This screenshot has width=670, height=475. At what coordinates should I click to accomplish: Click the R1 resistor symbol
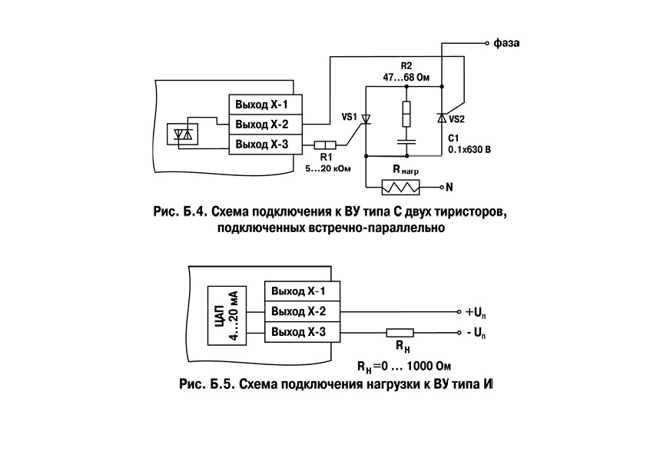325,145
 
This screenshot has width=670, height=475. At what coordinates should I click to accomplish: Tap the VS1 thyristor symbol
366,119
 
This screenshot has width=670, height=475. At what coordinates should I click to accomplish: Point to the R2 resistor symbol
406,114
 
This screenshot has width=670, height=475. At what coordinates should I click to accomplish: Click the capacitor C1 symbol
406,142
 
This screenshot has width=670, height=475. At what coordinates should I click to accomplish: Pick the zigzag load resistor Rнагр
400,188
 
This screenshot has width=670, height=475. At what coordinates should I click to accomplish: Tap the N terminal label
449,188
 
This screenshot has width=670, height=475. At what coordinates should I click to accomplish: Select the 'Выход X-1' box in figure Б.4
265,105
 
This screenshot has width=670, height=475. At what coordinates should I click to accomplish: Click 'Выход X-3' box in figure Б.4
265,144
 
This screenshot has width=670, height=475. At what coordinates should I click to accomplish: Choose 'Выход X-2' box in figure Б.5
302,312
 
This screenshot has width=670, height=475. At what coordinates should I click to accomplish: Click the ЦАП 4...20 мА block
227,316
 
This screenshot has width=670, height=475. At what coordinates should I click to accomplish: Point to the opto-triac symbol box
182,135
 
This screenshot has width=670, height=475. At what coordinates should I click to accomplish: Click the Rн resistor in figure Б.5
400,333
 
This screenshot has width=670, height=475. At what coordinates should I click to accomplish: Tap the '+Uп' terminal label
476,313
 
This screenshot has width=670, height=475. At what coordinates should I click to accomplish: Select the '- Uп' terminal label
476,333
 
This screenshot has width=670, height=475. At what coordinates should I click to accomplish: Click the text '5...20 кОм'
328,169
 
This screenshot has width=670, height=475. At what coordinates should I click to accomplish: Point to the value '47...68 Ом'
406,78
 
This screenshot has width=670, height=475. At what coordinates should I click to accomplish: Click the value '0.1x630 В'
469,150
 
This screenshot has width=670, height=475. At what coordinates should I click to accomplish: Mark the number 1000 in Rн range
420,366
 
